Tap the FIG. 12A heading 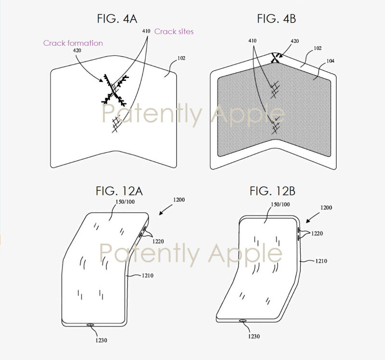click(114, 192)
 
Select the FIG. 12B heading click(272, 192)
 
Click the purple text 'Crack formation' click(73, 43)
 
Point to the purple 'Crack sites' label click(174, 31)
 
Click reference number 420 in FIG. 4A click(77, 50)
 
